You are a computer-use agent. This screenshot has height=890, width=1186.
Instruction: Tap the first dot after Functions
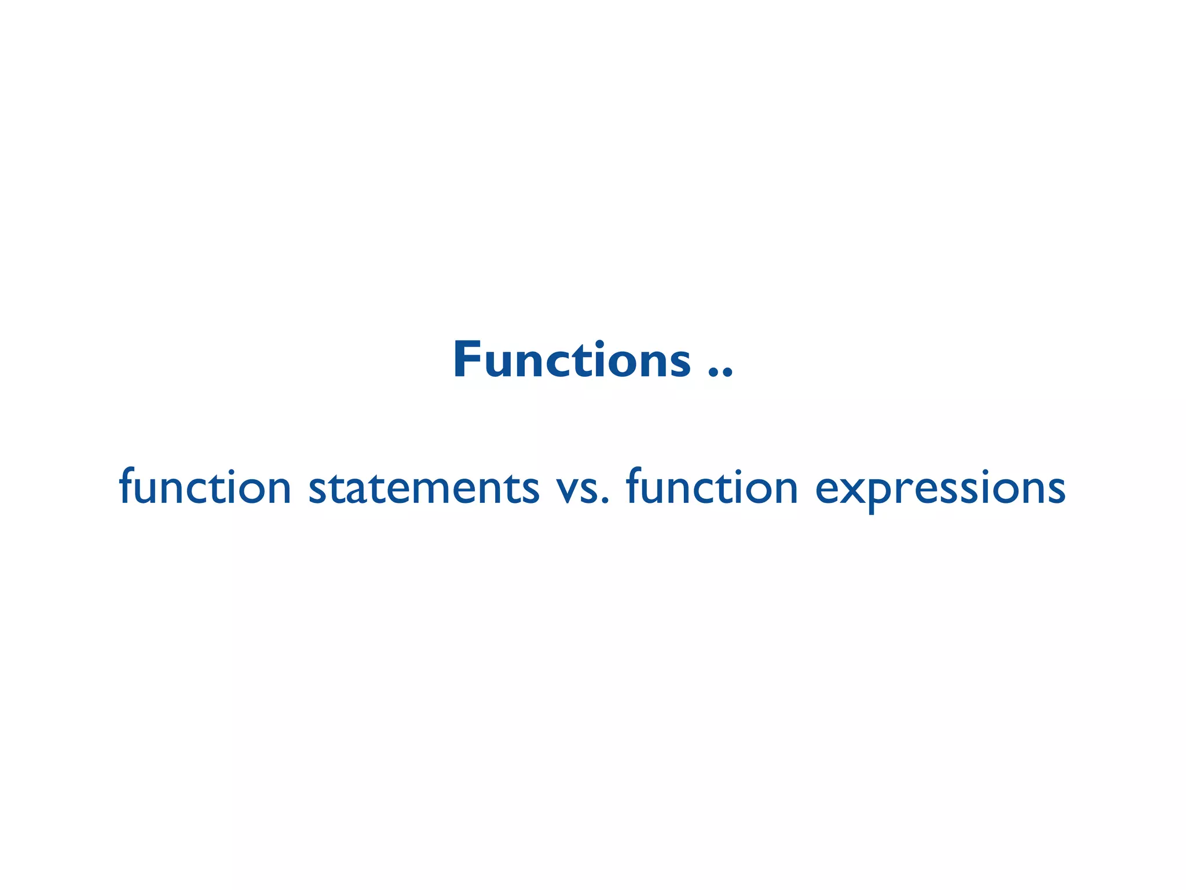click(713, 374)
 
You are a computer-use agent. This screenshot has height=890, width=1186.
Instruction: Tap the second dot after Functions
click(728, 374)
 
